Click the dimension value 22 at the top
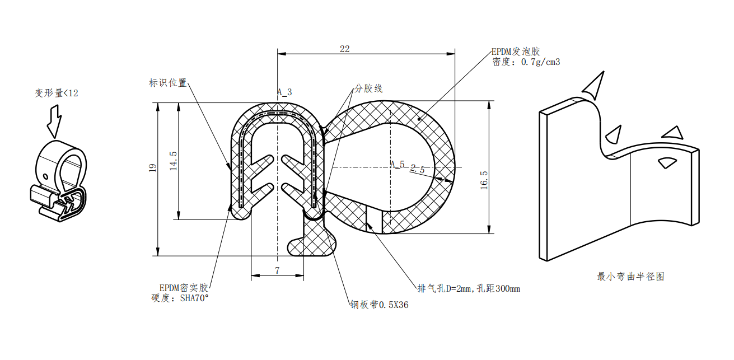tap(344, 49)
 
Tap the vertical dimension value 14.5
tap(174, 161)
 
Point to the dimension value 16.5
tap(484, 181)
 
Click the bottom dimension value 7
tap(277, 270)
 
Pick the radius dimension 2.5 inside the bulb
tap(418, 169)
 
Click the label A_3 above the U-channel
tap(284, 92)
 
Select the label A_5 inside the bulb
tap(398, 164)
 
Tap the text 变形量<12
tap(57, 93)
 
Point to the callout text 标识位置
tap(168, 83)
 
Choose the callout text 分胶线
tap(368, 89)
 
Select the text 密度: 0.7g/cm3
tap(526, 62)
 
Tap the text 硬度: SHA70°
tap(180, 298)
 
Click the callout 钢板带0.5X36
tap(379, 306)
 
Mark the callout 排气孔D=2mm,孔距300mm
tap(469, 289)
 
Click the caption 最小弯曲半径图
tap(631, 277)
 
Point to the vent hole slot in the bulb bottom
tap(375, 219)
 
